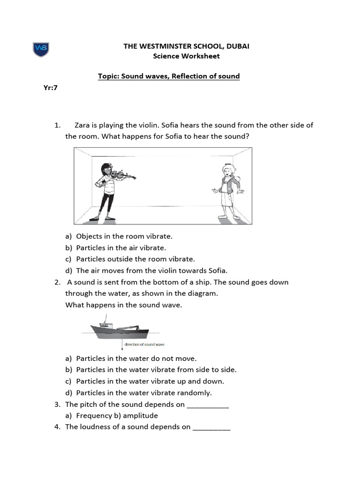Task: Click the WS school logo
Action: coord(41,49)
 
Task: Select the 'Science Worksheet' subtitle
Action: coord(186,56)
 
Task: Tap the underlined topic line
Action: coord(168,76)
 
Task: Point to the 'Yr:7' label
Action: coord(50,87)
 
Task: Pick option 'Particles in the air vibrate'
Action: coord(121,247)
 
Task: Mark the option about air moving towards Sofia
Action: coord(151,270)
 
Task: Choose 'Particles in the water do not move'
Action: coord(136,359)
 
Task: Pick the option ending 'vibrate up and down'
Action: coord(150,381)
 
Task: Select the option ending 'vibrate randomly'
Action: coord(144,393)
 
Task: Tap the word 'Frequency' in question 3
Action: coord(94,415)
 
